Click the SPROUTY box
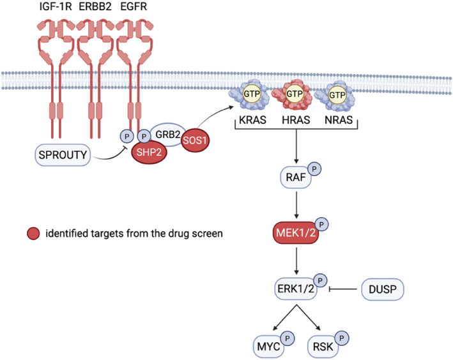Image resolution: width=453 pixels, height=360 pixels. click(x=63, y=154)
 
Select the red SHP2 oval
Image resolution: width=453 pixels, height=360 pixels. click(x=149, y=152)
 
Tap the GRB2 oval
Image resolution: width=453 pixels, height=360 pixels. click(x=167, y=134)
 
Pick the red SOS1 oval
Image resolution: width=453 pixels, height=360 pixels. click(x=195, y=140)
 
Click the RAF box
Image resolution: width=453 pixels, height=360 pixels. click(x=296, y=177)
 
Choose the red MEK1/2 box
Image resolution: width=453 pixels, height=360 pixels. click(x=296, y=233)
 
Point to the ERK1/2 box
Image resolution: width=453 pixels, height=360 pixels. click(x=296, y=289)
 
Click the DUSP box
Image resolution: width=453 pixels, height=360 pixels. click(x=383, y=289)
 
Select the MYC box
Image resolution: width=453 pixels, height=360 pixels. click(x=269, y=346)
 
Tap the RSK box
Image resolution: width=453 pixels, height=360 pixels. click(x=323, y=346)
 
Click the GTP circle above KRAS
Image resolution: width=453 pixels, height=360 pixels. click(x=252, y=94)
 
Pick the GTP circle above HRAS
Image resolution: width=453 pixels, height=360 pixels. click(x=295, y=94)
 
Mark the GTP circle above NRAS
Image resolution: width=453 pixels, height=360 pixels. click(x=337, y=95)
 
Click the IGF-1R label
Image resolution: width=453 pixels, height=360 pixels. click(x=56, y=6)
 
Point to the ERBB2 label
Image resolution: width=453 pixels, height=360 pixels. click(x=95, y=6)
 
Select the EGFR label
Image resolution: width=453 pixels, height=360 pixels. click(x=134, y=6)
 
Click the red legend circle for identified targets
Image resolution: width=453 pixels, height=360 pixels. click(x=33, y=234)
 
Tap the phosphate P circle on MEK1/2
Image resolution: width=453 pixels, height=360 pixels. click(x=321, y=224)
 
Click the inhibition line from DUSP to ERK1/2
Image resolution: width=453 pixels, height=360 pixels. click(x=343, y=289)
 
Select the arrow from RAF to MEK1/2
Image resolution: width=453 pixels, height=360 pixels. click(x=296, y=205)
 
